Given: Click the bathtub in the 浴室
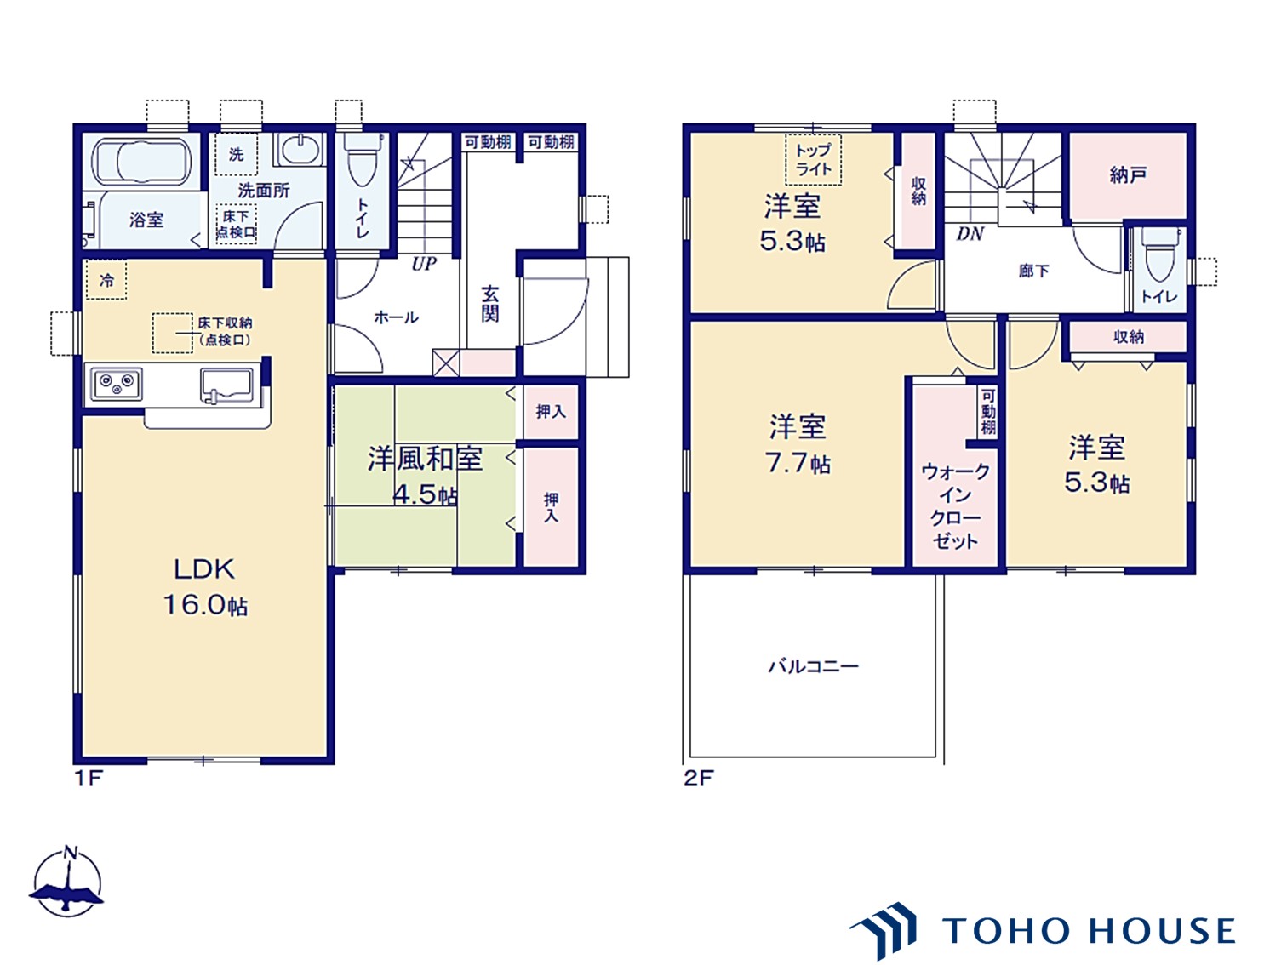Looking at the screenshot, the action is coord(141,161).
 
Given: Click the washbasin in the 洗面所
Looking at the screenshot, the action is coord(299,150).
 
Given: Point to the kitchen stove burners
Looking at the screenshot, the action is coord(116,385).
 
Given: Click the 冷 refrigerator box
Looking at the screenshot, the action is coord(106,280).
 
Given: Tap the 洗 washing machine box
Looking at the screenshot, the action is coord(236,154).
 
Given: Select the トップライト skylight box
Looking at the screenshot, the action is coord(813,160).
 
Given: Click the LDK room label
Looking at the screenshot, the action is coord(204,569).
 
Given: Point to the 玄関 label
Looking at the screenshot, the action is coord(490,304).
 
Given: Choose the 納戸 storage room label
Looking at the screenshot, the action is coord(1128,174).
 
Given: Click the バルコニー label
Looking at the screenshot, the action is coord(813,666).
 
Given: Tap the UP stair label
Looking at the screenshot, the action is coord(423,264).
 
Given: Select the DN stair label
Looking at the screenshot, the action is coord(970,234).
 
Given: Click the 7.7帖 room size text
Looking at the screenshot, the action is coord(798,464).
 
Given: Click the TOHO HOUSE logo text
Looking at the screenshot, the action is coord(1088,931).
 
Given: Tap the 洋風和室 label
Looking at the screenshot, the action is coord(425,458).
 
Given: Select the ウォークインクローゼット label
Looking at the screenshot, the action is coord(955,505).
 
